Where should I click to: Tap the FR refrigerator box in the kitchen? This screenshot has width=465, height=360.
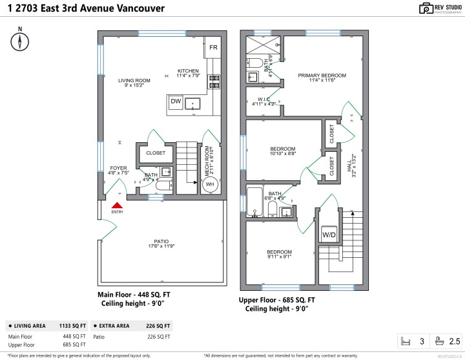click(x=213, y=48)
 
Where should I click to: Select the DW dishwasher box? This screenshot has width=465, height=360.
click(x=176, y=101)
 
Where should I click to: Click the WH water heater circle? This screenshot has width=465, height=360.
click(x=210, y=184)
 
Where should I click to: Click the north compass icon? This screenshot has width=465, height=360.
click(x=21, y=41)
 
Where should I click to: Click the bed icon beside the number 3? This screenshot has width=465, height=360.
click(x=406, y=341)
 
